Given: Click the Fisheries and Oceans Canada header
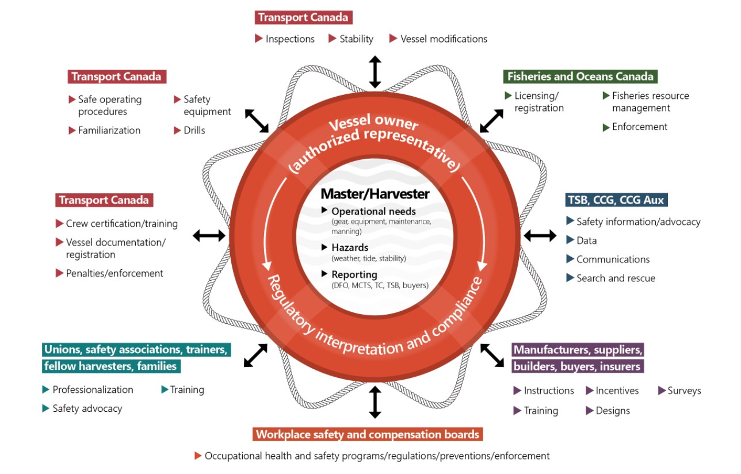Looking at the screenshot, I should coord(580,77).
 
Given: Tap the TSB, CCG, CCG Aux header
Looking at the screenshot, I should coord(616,200).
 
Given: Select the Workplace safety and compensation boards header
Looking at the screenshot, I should coord(367,434).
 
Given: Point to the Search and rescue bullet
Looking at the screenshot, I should coord(616,278).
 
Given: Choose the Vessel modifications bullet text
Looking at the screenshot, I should coord(444,39).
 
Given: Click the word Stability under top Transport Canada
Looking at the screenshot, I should coord(356,39).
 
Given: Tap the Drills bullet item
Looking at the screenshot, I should coord(194,131).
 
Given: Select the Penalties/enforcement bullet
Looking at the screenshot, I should coord(114,274).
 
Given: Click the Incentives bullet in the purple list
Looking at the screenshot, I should coord(617,391).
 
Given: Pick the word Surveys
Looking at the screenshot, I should coord(684,391).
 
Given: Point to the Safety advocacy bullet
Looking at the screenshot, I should coord(87,409).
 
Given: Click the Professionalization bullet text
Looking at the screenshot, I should coord(93,390).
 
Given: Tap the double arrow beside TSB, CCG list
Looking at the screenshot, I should coord(540,235).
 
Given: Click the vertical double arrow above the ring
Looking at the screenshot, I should coord(375,72).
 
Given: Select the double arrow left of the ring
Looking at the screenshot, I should coord(208,235).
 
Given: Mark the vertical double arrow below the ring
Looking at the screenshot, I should coord(375,402).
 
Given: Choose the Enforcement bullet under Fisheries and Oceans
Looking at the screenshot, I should coord(640,127).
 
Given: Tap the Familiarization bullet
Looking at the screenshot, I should coord(109,131).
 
